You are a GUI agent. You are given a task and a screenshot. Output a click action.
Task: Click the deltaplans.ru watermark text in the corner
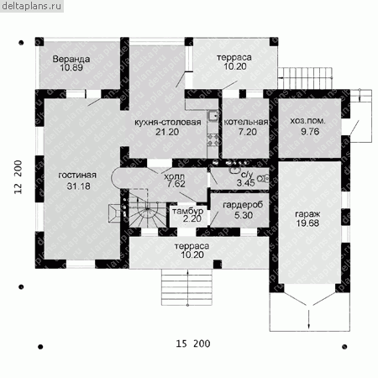[31, 6]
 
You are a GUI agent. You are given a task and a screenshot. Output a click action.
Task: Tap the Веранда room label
[71, 59]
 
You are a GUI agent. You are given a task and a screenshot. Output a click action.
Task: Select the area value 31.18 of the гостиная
[78, 186]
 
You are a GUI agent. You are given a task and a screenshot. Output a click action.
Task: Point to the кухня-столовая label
[168, 123]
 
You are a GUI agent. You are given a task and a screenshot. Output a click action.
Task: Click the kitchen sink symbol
[213, 115]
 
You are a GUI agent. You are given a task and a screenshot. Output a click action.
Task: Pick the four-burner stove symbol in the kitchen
[213, 139]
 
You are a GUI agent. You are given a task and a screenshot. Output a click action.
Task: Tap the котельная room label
[246, 122]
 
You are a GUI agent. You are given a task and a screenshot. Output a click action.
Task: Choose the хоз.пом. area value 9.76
[310, 131]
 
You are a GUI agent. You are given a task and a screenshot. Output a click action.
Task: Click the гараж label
[307, 214]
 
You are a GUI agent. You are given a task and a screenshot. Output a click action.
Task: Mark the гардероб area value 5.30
[244, 215]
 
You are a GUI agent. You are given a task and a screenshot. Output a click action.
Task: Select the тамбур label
[188, 211]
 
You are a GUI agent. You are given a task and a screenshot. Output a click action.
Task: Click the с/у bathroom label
[247, 175]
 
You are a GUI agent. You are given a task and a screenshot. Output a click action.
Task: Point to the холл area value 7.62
[176, 184]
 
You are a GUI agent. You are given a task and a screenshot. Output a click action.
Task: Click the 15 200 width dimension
[193, 344]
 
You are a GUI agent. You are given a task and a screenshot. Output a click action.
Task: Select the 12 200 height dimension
[18, 177]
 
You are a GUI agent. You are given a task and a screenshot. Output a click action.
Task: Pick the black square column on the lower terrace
[218, 265]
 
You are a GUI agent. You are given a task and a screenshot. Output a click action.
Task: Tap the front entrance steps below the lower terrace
[187, 287]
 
